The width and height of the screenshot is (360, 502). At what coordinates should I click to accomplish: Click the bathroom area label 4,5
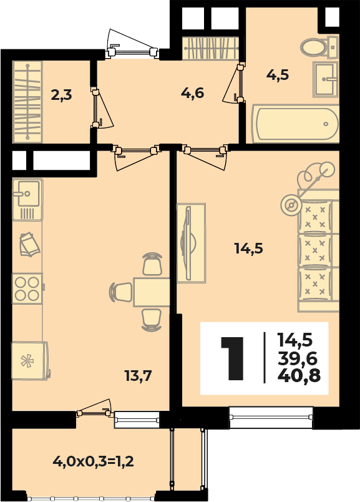point(278,75)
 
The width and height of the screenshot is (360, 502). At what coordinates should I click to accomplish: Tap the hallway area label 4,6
point(192,93)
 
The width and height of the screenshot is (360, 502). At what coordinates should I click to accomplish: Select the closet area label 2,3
point(61,95)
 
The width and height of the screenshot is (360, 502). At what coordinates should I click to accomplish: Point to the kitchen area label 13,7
point(138,375)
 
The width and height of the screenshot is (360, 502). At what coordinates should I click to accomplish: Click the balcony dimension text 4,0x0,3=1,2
point(93,461)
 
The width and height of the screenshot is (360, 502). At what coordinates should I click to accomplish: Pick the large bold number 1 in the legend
point(233,358)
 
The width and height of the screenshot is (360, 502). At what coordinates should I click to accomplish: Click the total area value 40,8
point(299,375)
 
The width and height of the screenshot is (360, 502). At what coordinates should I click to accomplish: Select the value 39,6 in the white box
point(298,358)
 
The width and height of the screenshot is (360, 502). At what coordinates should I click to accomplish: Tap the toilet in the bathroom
point(319,47)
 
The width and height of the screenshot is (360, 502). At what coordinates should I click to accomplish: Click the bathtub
point(295,123)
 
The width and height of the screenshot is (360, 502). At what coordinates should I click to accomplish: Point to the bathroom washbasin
point(325,79)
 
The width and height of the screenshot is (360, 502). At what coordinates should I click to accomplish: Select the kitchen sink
point(27,199)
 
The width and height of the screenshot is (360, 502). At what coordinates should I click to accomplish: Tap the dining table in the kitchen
point(152,292)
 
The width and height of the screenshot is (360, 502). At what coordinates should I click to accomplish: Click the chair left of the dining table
point(120,292)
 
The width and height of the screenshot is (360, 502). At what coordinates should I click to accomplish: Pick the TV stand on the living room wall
point(191,243)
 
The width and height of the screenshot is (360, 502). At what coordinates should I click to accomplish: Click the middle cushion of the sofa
point(315,250)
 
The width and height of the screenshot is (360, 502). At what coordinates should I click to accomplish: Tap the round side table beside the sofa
point(291,205)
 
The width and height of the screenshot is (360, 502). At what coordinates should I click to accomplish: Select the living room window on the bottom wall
point(271,417)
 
